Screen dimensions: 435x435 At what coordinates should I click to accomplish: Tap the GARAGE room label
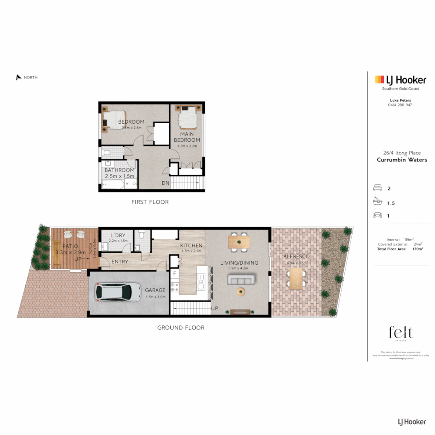click(155, 290)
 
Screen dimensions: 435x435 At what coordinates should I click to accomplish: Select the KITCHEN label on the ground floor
click(191, 246)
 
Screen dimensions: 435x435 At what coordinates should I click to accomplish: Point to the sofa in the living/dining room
click(241, 280)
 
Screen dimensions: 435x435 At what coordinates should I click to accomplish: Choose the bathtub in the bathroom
click(111, 185)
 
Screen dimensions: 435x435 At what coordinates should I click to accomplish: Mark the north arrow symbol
click(19, 77)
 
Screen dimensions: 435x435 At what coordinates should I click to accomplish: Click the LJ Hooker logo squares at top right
click(379, 79)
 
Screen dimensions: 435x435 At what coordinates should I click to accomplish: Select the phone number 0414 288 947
click(400, 105)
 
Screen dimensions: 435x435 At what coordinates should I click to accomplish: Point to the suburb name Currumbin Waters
click(402, 160)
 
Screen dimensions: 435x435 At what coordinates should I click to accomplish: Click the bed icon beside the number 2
click(378, 188)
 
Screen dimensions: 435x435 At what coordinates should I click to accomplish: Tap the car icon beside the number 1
click(378, 215)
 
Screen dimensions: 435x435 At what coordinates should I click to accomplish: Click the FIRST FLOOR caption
click(150, 202)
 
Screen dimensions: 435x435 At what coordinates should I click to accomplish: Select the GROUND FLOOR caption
click(181, 328)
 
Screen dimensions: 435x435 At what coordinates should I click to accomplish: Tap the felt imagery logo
click(400, 334)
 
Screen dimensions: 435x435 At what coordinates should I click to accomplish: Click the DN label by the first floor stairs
click(166, 183)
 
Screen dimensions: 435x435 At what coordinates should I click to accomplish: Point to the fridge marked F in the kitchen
click(174, 273)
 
